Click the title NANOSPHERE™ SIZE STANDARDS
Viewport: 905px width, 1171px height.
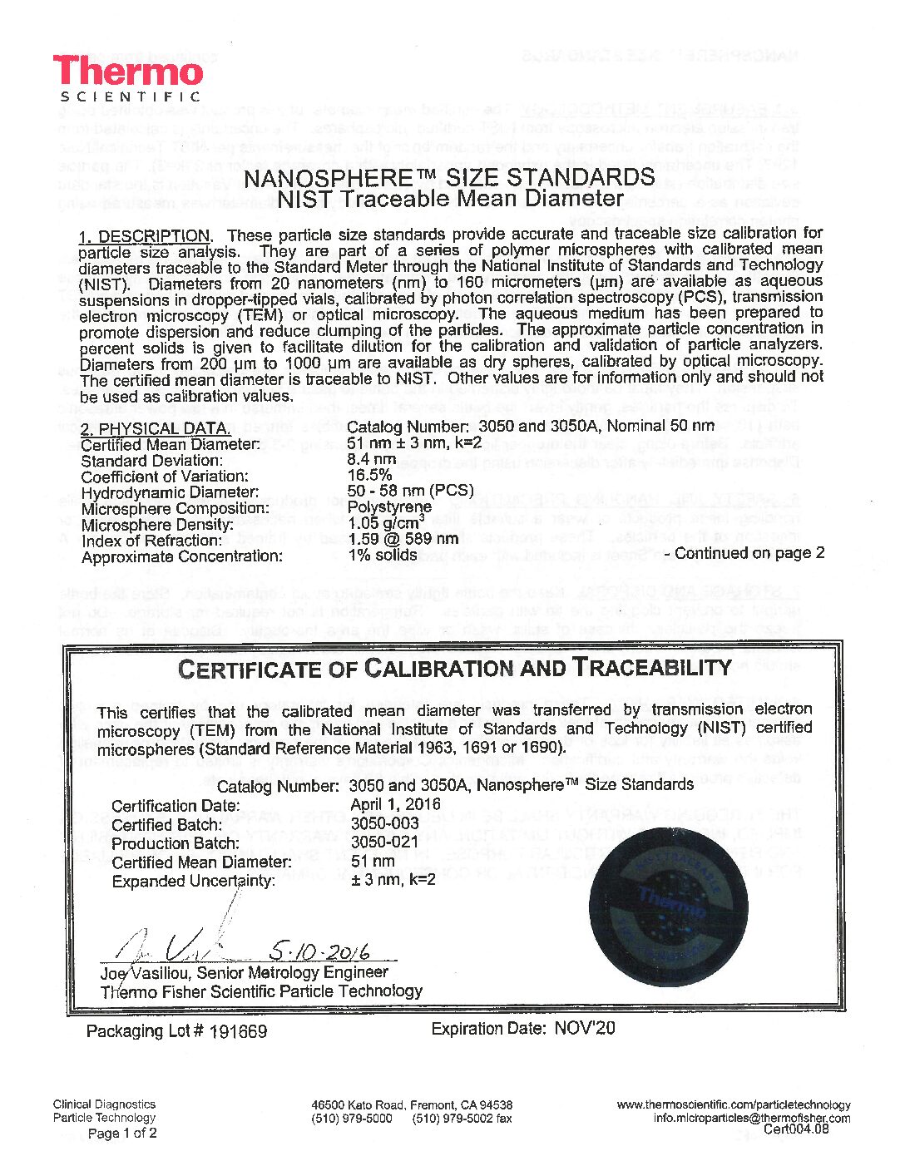click(x=450, y=178)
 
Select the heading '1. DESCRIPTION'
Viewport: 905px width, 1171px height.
click(x=145, y=235)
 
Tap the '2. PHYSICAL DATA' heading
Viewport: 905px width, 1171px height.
click(x=155, y=428)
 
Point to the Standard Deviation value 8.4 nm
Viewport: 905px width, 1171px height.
click(x=371, y=459)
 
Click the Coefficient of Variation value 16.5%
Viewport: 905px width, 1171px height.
click(x=369, y=475)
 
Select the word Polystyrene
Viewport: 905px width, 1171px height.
click(x=389, y=507)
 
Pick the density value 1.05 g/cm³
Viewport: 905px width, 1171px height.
click(x=386, y=523)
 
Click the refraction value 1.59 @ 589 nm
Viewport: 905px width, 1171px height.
click(x=403, y=539)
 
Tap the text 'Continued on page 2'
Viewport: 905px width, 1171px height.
click(x=749, y=553)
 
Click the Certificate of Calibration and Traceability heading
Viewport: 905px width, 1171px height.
click(x=454, y=668)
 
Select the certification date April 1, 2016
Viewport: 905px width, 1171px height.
click(x=396, y=804)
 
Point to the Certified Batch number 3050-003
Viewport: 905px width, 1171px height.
click(x=384, y=823)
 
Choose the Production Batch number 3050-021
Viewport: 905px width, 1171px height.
click(x=384, y=842)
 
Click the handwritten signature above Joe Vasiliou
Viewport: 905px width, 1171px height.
click(x=183, y=944)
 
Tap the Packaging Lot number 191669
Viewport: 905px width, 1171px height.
click(x=238, y=1031)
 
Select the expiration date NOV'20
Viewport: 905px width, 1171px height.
click(x=584, y=1028)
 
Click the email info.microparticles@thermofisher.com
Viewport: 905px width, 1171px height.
click(x=751, y=1118)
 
